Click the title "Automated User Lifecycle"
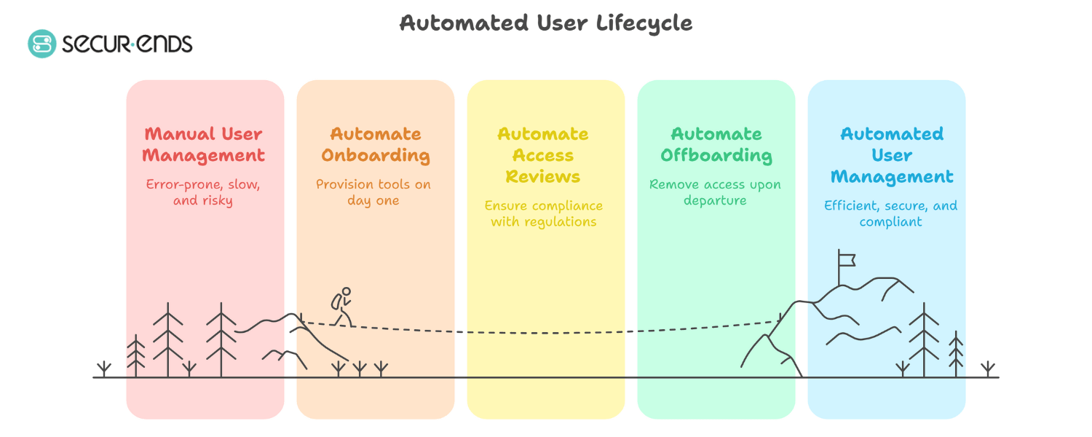546,23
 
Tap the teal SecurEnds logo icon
41,44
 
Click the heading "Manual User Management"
203,145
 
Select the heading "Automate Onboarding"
376,145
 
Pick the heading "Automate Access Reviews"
543,155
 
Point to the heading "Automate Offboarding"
716,145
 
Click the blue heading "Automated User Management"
892,155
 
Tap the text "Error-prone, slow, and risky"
203,192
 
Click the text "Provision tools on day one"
373,192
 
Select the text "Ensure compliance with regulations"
544,214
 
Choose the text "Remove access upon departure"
715,192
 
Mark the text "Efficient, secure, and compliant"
891,213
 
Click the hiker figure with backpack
341,306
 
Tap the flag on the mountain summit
846,259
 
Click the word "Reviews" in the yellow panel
543,177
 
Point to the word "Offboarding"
716,156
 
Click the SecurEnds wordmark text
127,44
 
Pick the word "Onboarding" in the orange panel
376,156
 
